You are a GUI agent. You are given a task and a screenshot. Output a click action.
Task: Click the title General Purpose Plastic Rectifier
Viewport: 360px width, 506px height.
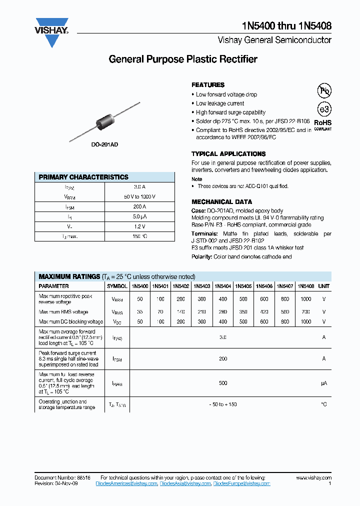pyautogui.click(x=183, y=59)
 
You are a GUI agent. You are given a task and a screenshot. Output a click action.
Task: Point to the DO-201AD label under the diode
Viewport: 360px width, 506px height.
pyautogui.click(x=104, y=144)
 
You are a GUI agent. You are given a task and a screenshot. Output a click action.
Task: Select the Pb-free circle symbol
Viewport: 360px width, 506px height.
pyautogui.click(x=324, y=90)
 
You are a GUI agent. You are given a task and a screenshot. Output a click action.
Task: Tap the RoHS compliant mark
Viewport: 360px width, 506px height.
pyautogui.click(x=322, y=124)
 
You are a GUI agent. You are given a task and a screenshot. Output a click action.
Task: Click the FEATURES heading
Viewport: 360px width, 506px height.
pyautogui.click(x=208, y=85)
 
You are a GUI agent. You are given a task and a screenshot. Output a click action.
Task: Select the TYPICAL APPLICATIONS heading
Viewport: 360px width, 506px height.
pyautogui.click(x=228, y=154)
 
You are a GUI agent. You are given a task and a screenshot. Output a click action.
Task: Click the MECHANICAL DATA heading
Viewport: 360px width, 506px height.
pyautogui.click(x=221, y=202)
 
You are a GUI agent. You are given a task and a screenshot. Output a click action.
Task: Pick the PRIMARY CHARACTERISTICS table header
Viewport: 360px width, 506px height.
pyautogui.click(x=84, y=177)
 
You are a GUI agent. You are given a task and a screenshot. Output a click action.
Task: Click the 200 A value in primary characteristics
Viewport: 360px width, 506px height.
pyautogui.click(x=139, y=206)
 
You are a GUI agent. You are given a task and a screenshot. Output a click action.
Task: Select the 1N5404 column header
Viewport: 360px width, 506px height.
pyautogui.click(x=222, y=286)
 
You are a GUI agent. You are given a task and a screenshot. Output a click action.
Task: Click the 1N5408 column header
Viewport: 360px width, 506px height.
pyautogui.click(x=305, y=286)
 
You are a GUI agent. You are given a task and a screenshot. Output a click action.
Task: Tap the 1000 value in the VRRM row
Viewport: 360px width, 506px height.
pyautogui.click(x=305, y=299)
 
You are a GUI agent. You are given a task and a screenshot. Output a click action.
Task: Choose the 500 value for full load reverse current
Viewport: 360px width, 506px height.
pyautogui.click(x=223, y=383)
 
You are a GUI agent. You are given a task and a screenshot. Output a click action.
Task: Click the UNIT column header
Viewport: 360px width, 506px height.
pyautogui.click(x=324, y=286)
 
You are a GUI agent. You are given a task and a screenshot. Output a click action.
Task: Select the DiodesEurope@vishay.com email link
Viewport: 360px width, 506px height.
pyautogui.click(x=241, y=483)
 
